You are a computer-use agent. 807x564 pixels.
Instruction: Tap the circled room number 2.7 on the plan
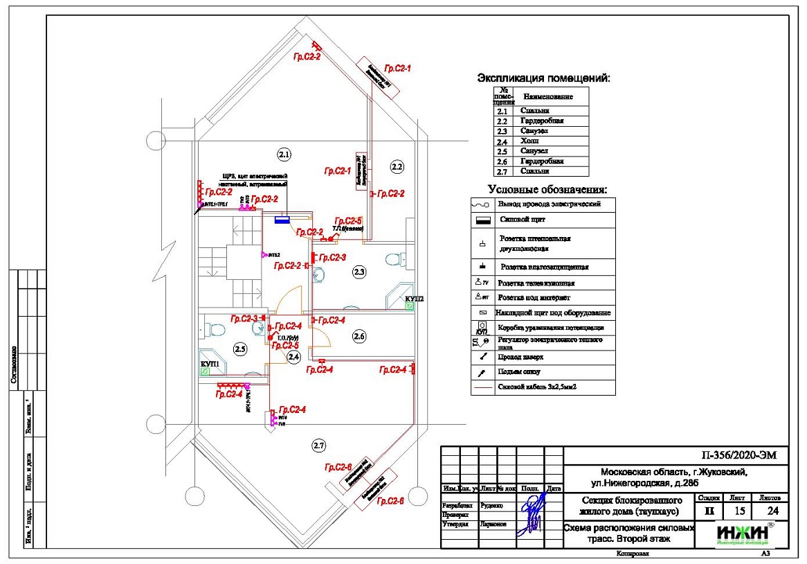coord(318,444)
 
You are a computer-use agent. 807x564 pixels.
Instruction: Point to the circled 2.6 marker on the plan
coord(359,337)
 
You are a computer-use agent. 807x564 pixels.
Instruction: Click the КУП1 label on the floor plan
coord(210,363)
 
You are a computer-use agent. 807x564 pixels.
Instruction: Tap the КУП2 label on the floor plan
coord(414,299)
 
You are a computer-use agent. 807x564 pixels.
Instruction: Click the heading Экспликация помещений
coord(544,78)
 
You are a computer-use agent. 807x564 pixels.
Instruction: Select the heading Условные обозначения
coord(547,189)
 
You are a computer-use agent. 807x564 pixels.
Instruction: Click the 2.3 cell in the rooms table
coord(502,131)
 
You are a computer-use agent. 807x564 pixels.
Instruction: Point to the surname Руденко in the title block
coord(492,506)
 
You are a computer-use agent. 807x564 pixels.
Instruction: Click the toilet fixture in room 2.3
coord(393,259)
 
